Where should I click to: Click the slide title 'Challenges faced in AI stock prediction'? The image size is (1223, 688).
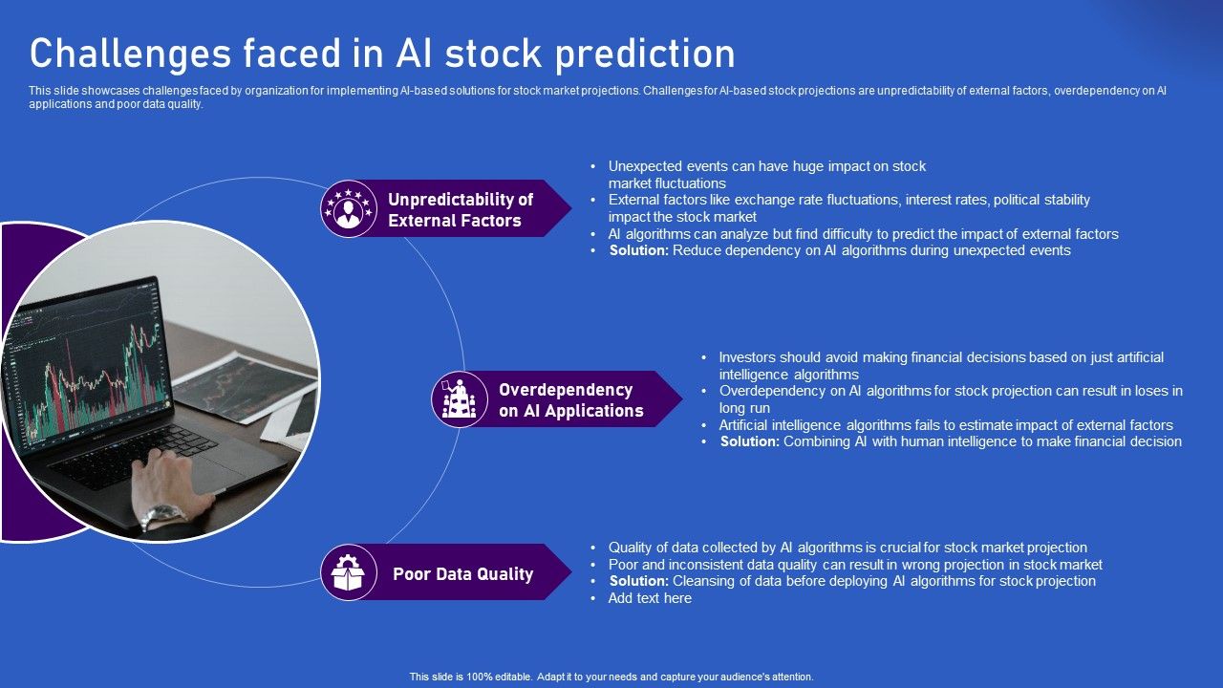click(382, 54)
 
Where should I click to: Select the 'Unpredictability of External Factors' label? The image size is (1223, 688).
click(460, 209)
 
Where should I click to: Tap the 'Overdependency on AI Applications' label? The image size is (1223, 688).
click(570, 400)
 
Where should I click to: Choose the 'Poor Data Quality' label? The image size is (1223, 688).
click(462, 574)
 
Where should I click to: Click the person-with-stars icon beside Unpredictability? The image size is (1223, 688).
click(349, 208)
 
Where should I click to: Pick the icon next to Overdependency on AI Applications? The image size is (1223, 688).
click(460, 399)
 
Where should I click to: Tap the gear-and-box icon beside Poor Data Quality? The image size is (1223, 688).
click(349, 572)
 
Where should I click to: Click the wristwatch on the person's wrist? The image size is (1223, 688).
click(163, 516)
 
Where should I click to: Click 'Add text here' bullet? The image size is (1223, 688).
click(650, 598)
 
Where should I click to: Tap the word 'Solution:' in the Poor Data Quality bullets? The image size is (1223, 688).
click(638, 581)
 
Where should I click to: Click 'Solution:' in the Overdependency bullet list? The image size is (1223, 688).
click(750, 441)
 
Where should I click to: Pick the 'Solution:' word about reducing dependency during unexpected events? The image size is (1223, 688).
click(638, 250)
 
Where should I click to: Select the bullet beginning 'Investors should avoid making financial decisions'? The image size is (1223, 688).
click(940, 357)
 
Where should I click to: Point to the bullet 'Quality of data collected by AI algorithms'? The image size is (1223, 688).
click(847, 548)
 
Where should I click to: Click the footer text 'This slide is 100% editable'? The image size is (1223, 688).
click(611, 677)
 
